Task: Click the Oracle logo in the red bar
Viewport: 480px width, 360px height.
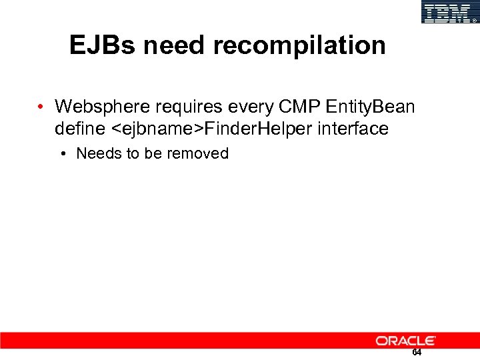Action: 405,341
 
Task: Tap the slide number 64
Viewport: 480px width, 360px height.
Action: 417,352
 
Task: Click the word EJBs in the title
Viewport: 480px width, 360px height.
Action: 102,45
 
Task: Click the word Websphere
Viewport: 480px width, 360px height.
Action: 101,107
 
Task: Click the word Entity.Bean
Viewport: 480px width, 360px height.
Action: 369,107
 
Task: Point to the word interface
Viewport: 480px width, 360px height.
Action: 354,129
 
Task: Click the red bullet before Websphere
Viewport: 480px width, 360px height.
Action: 41,107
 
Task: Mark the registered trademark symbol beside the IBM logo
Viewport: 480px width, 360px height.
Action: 474,21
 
